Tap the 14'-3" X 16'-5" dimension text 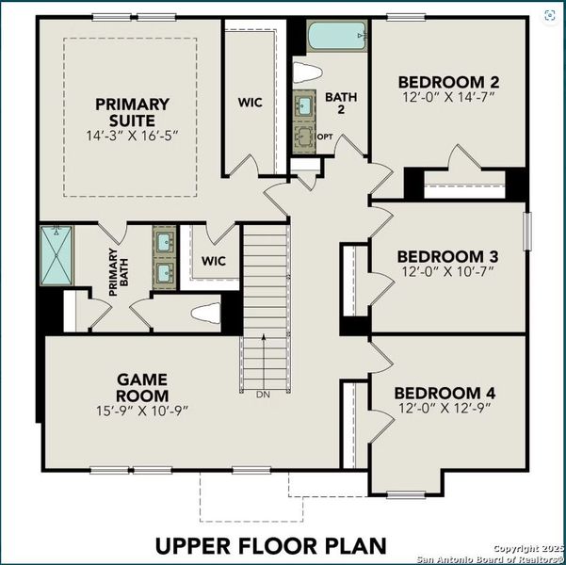131,136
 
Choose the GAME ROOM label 143,387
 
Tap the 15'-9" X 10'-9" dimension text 143,411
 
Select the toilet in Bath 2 309,73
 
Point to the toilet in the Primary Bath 204,313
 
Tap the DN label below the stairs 263,394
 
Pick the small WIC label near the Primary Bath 215,260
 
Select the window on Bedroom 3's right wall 526,231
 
